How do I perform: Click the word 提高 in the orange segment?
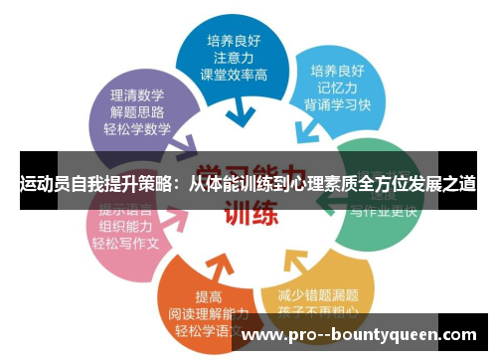tap(210, 296)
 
